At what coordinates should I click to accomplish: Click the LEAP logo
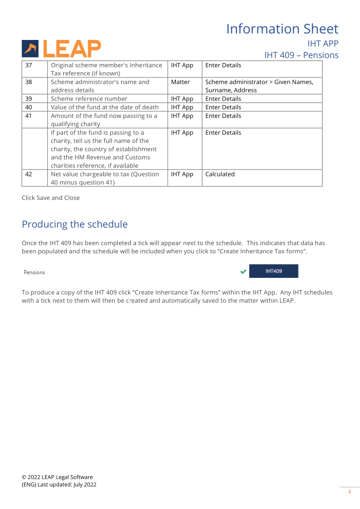click(x=62, y=49)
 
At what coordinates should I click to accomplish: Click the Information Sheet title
click(x=282, y=29)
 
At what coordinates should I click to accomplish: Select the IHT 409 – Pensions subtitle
click(x=301, y=55)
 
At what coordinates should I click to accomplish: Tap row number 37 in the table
click(x=29, y=65)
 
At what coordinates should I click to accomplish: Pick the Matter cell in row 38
click(x=180, y=82)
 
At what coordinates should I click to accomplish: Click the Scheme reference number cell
click(x=89, y=98)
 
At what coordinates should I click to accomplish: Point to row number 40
click(x=29, y=107)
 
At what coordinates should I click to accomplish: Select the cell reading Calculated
click(x=219, y=174)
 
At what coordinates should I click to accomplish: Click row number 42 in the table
click(x=29, y=174)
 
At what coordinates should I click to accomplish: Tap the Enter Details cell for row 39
click(x=223, y=98)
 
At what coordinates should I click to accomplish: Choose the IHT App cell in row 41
click(x=182, y=116)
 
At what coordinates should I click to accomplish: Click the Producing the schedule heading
click(x=74, y=225)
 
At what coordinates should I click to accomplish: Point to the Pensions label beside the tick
click(x=34, y=272)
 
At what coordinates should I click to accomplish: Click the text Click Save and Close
click(x=51, y=198)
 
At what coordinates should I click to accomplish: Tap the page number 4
click(x=349, y=492)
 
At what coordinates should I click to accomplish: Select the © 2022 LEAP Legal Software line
click(x=57, y=477)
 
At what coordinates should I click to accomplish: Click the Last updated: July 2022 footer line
click(x=58, y=484)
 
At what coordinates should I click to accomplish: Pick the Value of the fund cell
click(x=105, y=107)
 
